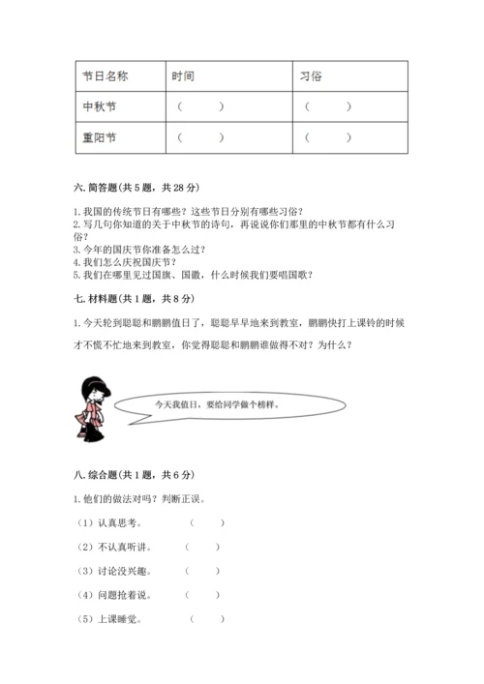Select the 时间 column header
(x=183, y=75)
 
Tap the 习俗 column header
(x=311, y=75)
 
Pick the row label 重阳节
(x=100, y=137)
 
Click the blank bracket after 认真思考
(x=206, y=523)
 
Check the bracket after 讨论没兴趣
(x=202, y=571)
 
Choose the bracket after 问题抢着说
(x=202, y=595)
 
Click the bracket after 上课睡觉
(x=206, y=619)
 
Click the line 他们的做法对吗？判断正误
(x=143, y=499)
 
